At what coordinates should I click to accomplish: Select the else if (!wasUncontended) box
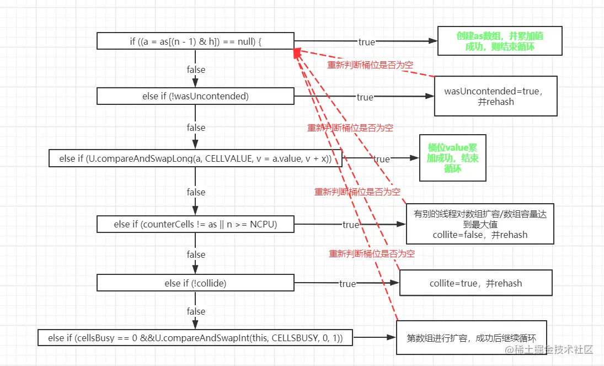pyautogui.click(x=195, y=96)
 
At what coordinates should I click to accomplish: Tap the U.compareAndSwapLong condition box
pyautogui.click(x=195, y=158)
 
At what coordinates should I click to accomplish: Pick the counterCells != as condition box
pyautogui.click(x=195, y=224)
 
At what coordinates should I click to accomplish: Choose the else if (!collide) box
pyautogui.click(x=195, y=283)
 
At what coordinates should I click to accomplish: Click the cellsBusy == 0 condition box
pyautogui.click(x=195, y=338)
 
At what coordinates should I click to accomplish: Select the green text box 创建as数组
pyautogui.click(x=500, y=41)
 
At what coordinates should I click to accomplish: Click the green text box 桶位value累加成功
pyautogui.click(x=453, y=158)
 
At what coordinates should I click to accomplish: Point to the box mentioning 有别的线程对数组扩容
pyautogui.click(x=480, y=224)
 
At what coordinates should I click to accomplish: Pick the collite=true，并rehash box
pyautogui.click(x=475, y=283)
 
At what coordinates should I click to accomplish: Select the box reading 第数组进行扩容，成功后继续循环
pyautogui.click(x=472, y=338)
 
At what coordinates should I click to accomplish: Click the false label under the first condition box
pyautogui.click(x=196, y=70)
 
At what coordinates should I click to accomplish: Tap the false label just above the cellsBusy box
pyautogui.click(x=196, y=311)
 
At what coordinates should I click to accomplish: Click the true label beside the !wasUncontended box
pyautogui.click(x=365, y=97)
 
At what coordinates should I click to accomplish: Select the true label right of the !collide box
pyautogui.click(x=348, y=284)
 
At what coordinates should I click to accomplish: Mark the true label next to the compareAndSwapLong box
pyautogui.click(x=381, y=159)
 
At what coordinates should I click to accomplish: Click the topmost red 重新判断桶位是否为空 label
pyautogui.click(x=370, y=65)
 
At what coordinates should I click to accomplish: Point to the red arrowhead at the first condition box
pyautogui.click(x=297, y=52)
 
